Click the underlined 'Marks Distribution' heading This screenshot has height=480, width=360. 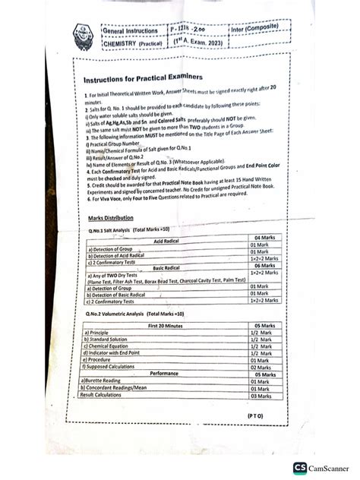[x=110, y=218]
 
